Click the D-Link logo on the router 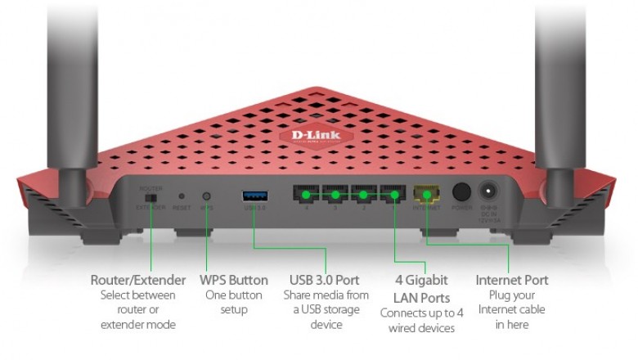click(x=318, y=135)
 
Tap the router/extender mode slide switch click(x=150, y=197)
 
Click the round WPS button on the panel click(x=206, y=196)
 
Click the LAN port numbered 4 click(x=306, y=196)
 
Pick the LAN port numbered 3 click(x=335, y=196)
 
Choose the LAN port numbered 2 click(x=364, y=196)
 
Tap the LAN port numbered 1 click(x=393, y=196)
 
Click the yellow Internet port click(x=426, y=196)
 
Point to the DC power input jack click(x=489, y=194)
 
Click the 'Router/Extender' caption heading click(x=137, y=281)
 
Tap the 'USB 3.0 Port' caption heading click(x=326, y=281)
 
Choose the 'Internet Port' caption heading click(x=511, y=281)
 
